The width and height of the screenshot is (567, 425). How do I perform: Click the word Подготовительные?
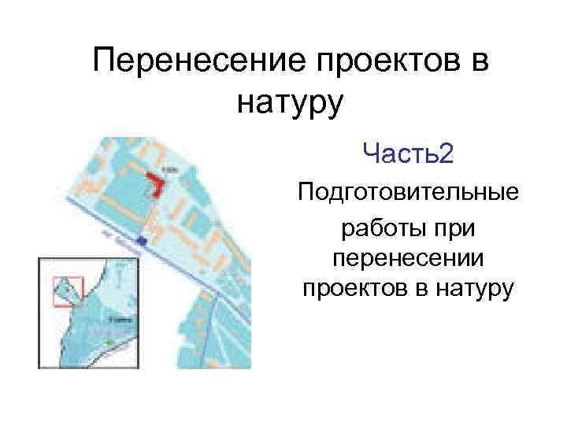click(407, 192)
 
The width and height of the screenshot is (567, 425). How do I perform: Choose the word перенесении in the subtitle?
click(407, 260)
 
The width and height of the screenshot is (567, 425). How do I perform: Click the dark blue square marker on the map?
click(142, 239)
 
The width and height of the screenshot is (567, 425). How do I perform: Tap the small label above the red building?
click(168, 168)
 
